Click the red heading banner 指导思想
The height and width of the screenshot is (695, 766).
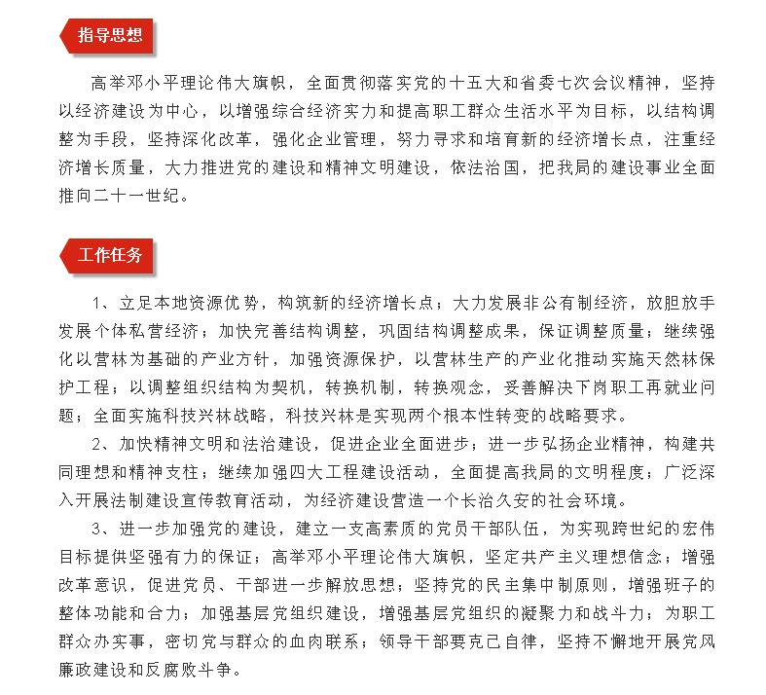pos(108,37)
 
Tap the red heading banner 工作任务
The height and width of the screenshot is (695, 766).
pos(108,256)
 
